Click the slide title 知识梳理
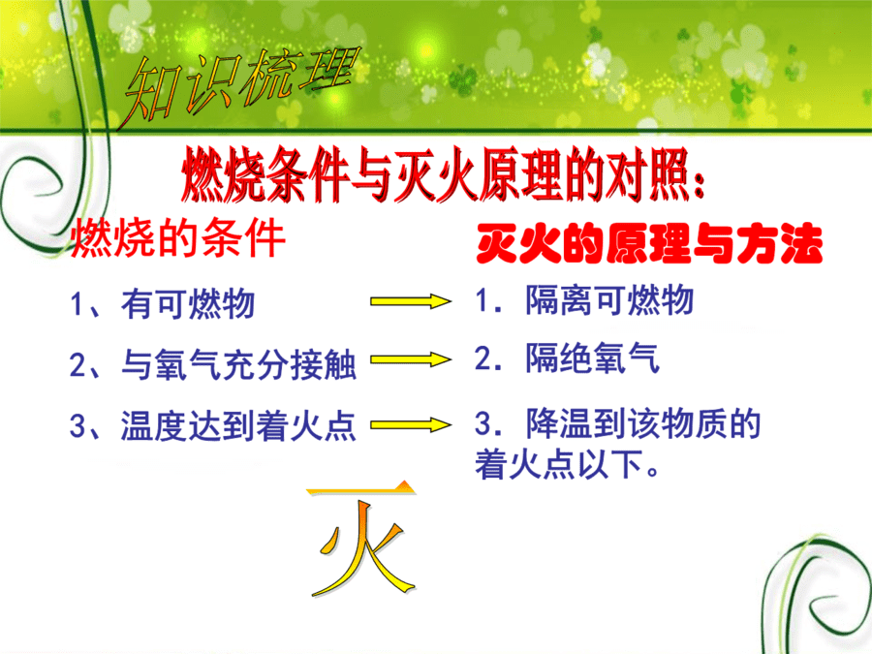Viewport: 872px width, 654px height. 240,86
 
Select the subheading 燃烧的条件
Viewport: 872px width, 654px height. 178,237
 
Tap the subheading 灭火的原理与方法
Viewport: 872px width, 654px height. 649,243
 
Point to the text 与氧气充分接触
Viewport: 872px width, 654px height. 238,365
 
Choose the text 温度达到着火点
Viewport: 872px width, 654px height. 238,426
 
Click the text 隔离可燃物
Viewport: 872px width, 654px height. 610,300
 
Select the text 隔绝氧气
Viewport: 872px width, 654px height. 593,358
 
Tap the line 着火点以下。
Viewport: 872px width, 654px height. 567,464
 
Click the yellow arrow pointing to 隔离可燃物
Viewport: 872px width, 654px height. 411,301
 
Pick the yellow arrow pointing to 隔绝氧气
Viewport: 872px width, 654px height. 411,359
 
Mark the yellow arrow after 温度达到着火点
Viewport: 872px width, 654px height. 411,425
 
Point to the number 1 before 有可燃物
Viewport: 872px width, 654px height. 78,305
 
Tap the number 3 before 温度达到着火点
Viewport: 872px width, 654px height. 78,426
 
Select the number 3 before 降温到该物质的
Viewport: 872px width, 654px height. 483,423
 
